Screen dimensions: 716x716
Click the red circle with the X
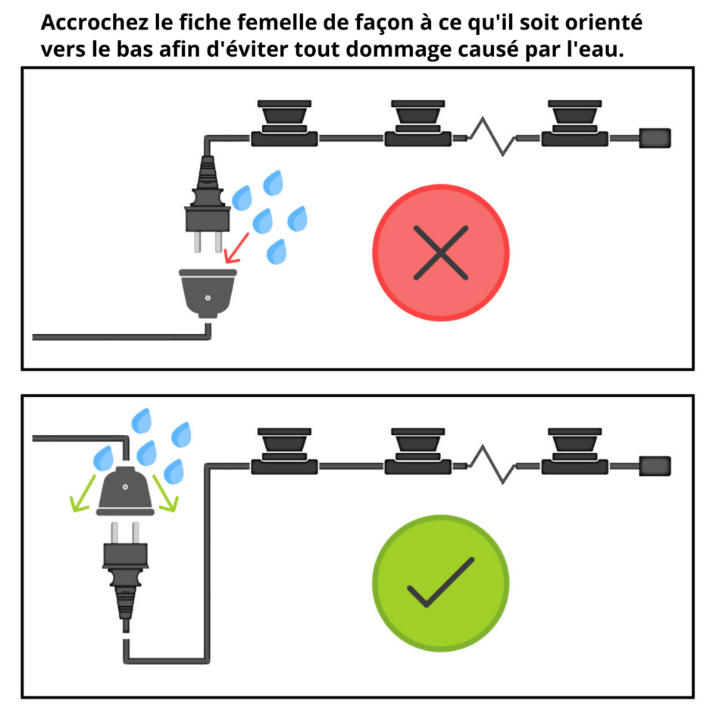(441, 252)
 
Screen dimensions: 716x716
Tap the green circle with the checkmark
(441, 583)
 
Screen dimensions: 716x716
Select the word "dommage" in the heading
(399, 50)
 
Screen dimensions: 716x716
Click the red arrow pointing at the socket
(236, 249)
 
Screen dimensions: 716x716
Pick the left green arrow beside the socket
(82, 493)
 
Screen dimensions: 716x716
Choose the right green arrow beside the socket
(165, 493)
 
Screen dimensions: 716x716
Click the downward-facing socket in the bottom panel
(125, 491)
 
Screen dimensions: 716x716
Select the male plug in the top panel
(208, 204)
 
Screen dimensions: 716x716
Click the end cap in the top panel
(655, 138)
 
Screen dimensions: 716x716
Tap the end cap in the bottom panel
(655, 466)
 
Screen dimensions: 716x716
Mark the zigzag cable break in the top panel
(492, 136)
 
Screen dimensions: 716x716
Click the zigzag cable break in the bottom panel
(492, 464)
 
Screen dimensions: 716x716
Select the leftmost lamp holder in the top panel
(284, 124)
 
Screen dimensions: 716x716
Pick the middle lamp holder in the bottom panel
(417, 451)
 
